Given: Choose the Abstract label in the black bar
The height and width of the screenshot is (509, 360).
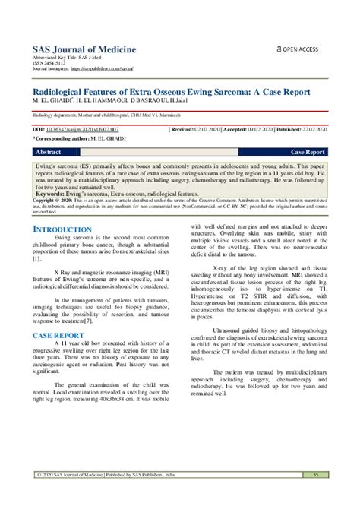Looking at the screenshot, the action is coord(49,152).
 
